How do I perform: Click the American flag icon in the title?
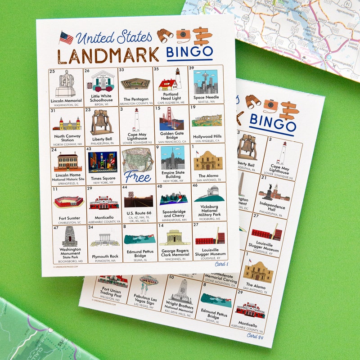66,38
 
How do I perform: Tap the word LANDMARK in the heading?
108,55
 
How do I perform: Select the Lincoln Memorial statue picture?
67,84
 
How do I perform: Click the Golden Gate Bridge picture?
171,119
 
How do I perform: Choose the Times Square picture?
103,162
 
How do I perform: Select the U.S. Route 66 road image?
139,198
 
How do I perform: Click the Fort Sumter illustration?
68,202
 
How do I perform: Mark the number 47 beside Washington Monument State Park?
56,228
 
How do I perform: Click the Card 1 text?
221,264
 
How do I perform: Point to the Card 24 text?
255,335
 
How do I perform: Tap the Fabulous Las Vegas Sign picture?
148,286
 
